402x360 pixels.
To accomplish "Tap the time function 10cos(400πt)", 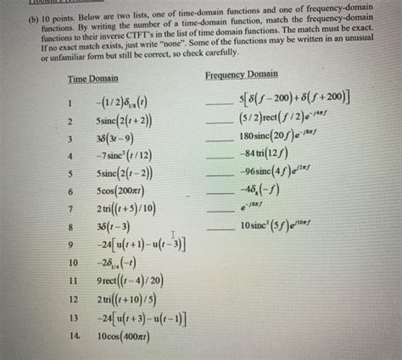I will pyautogui.click(x=127, y=337).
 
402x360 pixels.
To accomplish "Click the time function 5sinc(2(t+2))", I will pyautogui.click(x=125, y=121).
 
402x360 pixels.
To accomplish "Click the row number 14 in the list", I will pyautogui.click(x=74, y=336).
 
